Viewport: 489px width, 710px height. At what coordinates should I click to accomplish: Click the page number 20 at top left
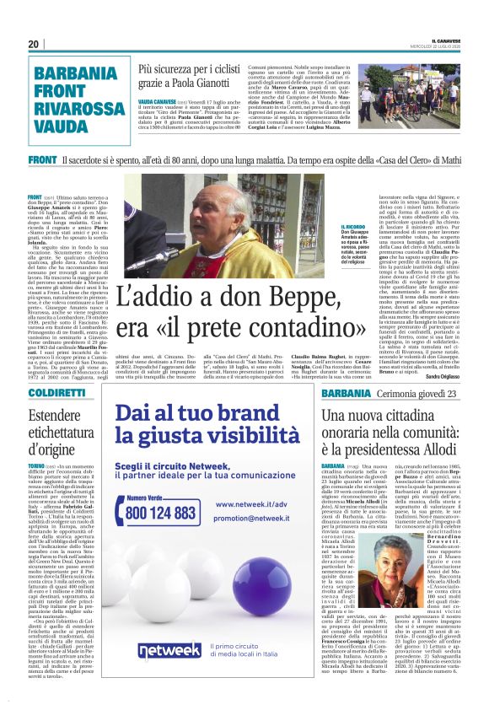point(34,44)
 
